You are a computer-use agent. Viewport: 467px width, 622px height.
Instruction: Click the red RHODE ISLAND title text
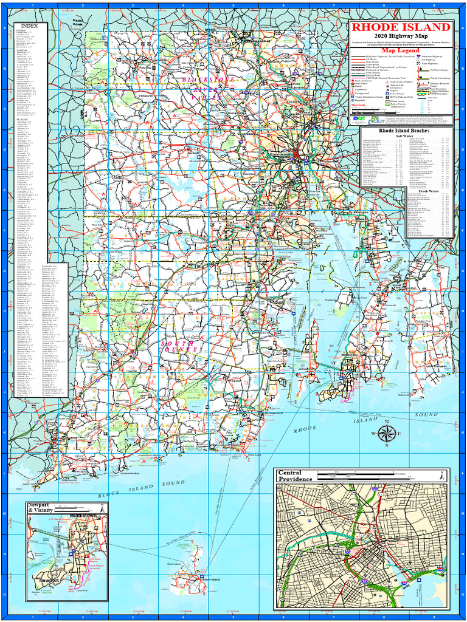point(401,27)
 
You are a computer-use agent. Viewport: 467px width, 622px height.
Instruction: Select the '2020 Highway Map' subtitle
point(401,37)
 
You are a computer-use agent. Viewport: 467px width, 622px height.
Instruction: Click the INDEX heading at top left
point(29,26)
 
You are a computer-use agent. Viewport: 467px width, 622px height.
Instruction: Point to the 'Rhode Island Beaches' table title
point(404,131)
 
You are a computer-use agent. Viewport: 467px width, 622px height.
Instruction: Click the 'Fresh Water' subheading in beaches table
point(428,191)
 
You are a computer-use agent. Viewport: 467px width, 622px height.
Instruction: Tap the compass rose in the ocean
point(386,434)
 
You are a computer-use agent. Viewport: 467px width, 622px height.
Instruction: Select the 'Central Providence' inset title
point(295,476)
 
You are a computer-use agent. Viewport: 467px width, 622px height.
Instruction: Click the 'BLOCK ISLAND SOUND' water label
point(140,490)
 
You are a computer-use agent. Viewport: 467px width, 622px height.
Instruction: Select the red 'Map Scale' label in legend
point(359,104)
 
